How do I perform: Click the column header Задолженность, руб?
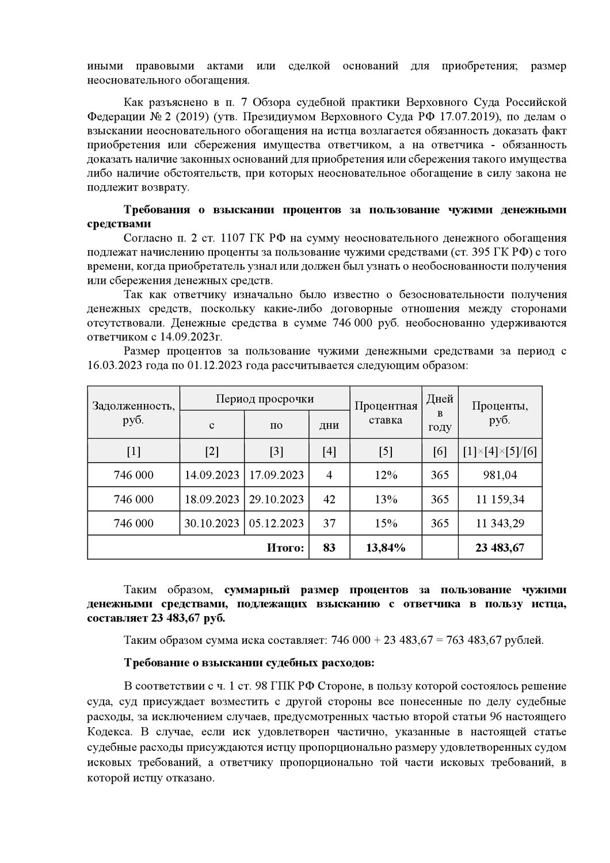click(x=134, y=413)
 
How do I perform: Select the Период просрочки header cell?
click(x=265, y=399)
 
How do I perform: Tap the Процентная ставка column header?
click(x=386, y=413)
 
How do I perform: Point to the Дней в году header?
click(x=440, y=413)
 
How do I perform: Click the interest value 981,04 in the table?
click(x=500, y=475)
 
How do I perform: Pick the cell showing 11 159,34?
click(x=500, y=499)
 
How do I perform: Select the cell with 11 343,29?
click(x=500, y=523)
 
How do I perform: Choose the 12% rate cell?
click(x=386, y=475)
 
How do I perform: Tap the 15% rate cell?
click(x=386, y=523)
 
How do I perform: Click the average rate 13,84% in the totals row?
click(x=386, y=548)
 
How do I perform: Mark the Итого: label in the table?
click(x=285, y=548)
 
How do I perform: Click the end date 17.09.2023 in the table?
click(x=277, y=475)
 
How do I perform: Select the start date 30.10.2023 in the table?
click(x=212, y=523)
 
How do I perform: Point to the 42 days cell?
click(x=329, y=499)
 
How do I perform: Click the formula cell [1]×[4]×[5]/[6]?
click(x=500, y=452)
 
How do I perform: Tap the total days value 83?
click(x=329, y=548)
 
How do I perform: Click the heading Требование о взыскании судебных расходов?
click(x=249, y=663)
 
